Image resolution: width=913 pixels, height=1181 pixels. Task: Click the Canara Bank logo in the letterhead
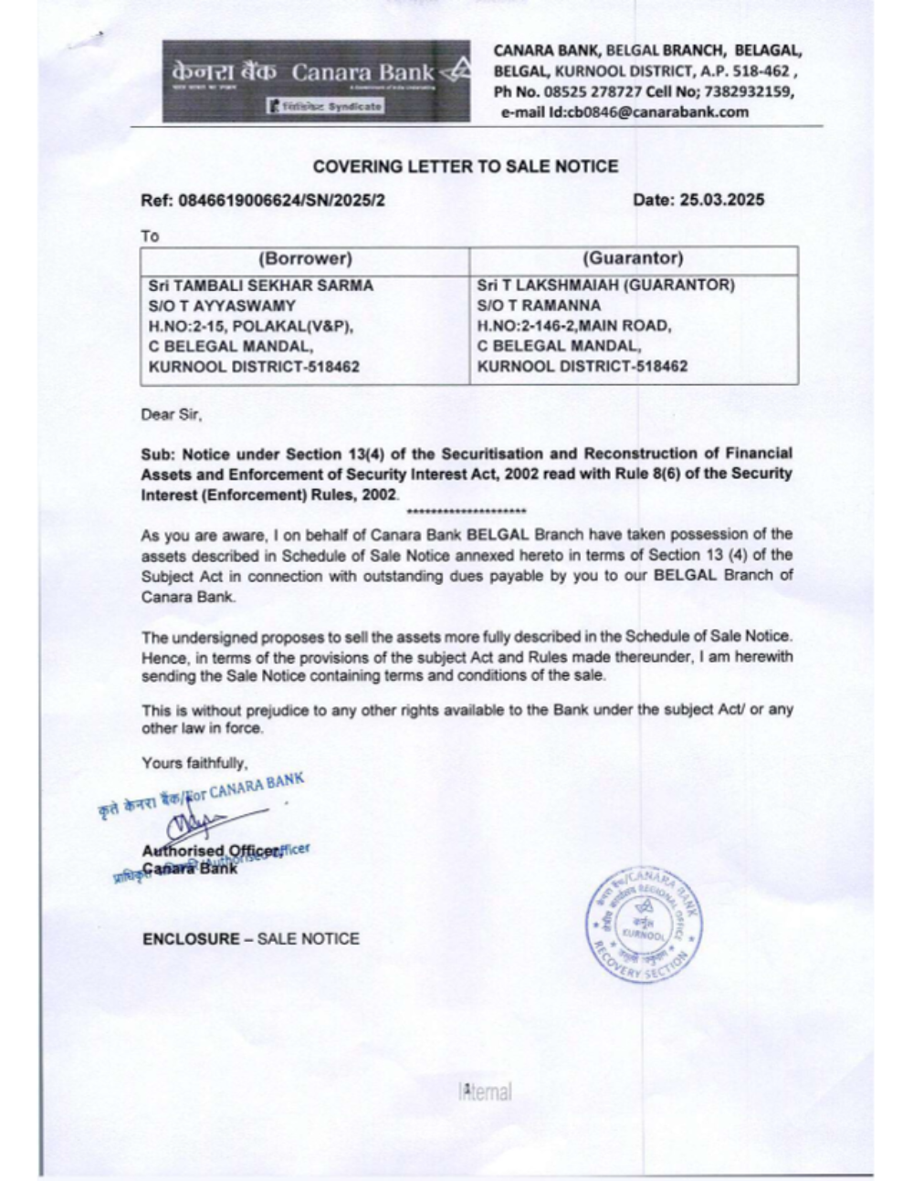click(316, 81)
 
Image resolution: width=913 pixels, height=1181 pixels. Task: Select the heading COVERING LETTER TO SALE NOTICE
click(465, 166)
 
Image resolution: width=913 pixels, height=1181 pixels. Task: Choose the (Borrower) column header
click(305, 258)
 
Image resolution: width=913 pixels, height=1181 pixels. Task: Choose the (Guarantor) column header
click(633, 258)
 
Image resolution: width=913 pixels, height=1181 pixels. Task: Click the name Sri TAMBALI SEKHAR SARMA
click(260, 286)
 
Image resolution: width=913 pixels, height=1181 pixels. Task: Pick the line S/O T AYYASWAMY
click(222, 306)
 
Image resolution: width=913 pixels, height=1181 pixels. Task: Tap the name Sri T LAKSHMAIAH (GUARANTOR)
click(605, 286)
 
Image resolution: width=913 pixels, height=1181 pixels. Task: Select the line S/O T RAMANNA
click(539, 306)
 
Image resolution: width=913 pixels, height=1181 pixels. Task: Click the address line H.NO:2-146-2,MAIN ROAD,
click(574, 326)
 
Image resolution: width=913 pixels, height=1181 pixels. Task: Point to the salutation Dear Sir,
click(172, 414)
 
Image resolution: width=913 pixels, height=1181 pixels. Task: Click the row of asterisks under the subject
click(469, 510)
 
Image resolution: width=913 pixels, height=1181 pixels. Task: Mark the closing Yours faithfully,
click(194, 762)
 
